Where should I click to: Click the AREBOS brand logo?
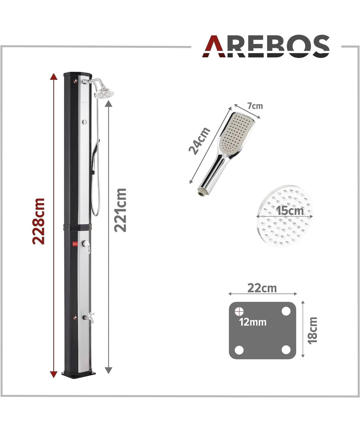click(266, 46)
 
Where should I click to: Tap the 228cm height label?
click(39, 221)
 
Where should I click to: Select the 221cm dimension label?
click(120, 210)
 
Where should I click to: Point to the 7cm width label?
click(255, 106)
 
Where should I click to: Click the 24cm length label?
click(199, 141)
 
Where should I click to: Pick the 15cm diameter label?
click(290, 211)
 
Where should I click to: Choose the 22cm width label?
click(262, 288)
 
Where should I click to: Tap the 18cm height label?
click(312, 330)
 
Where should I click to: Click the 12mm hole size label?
click(253, 322)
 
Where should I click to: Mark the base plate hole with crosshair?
click(239, 311)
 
